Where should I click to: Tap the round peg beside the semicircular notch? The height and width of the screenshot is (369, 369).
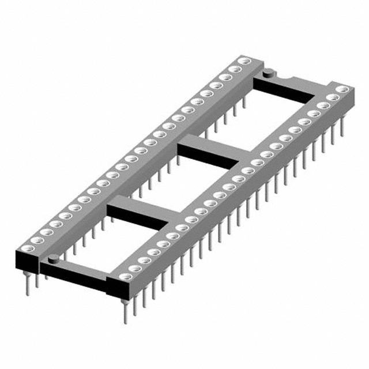(268, 73)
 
